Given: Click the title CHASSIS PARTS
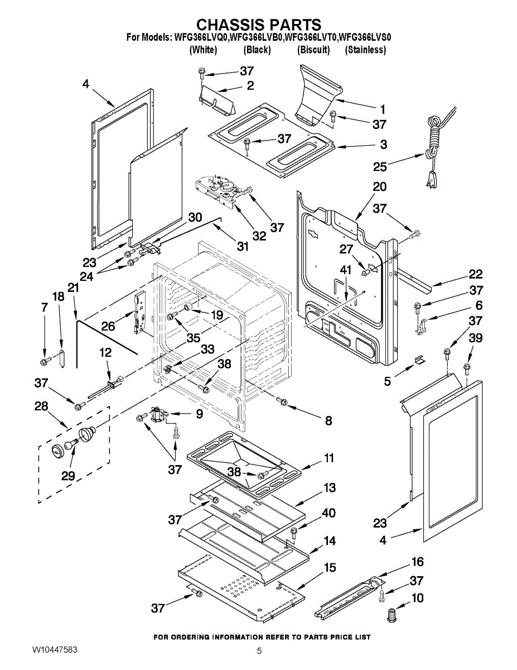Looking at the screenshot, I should point(259,25).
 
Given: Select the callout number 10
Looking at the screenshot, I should point(417,599).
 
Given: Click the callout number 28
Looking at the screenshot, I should point(41,406).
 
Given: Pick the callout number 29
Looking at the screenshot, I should point(68,476).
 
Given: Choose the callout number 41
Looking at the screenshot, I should point(346,270).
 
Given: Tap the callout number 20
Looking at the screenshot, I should point(379,187).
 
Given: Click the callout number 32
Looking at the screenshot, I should point(259,236).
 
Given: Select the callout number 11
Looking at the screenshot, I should point(329,458).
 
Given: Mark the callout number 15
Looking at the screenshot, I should point(330,568).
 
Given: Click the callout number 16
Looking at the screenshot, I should point(417,562).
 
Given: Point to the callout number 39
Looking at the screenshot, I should point(476,338).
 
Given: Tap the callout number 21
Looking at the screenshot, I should point(73,288).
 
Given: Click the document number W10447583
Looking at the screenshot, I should point(55,651).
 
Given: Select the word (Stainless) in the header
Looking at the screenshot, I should point(365,50).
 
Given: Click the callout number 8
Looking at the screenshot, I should point(328,420).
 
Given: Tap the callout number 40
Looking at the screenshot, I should point(329,512).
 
